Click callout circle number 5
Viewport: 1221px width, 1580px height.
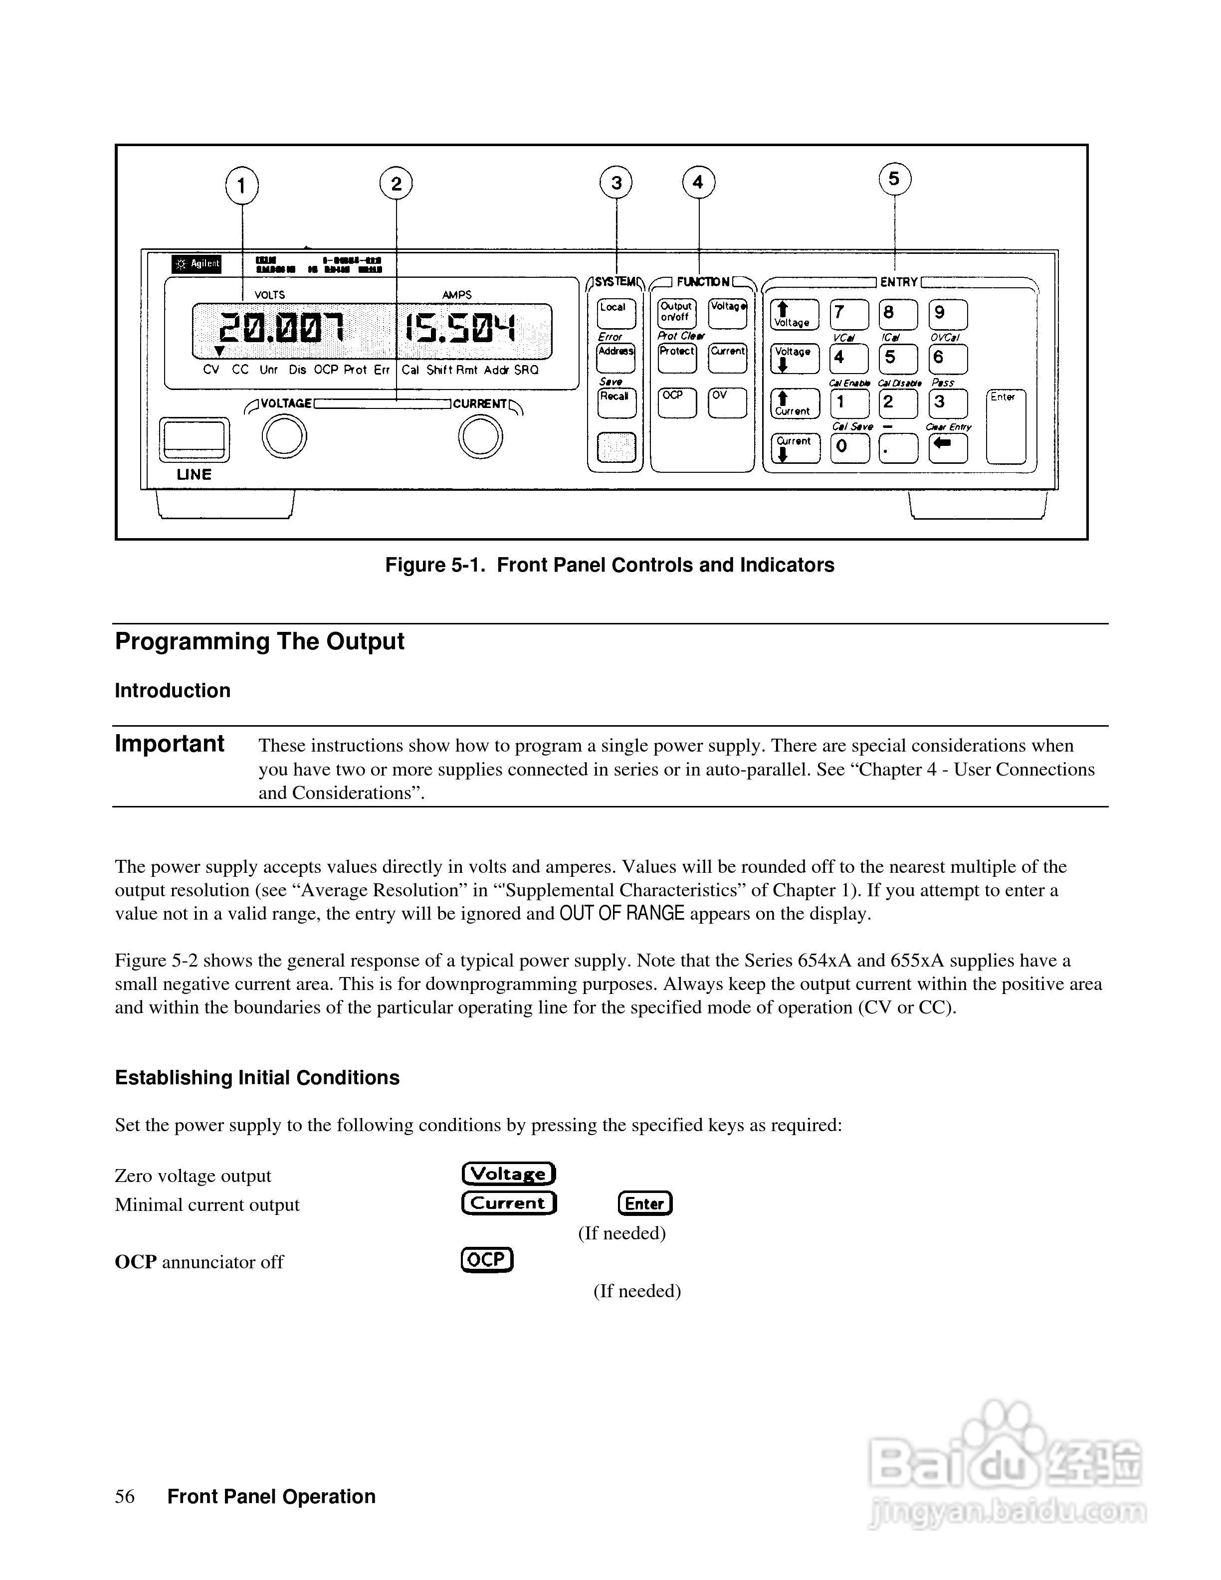[895, 179]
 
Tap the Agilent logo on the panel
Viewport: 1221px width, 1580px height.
[197, 264]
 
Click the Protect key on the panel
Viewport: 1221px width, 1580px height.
[677, 358]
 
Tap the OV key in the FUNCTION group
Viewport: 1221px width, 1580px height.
[727, 402]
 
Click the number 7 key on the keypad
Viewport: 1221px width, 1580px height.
[848, 314]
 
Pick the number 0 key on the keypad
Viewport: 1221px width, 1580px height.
[848, 447]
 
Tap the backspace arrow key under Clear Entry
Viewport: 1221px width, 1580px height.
[948, 447]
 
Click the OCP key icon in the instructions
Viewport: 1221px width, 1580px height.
[487, 1259]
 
